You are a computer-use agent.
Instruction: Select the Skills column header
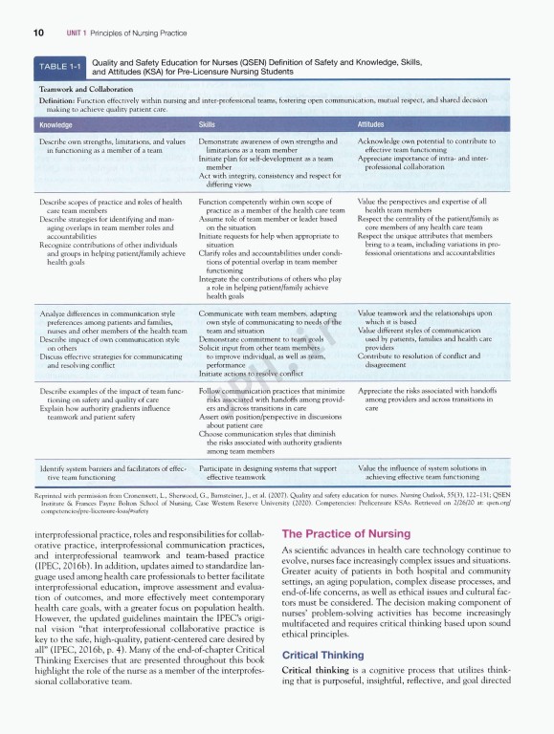(x=206, y=125)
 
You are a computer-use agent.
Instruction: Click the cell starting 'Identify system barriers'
(x=113, y=473)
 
